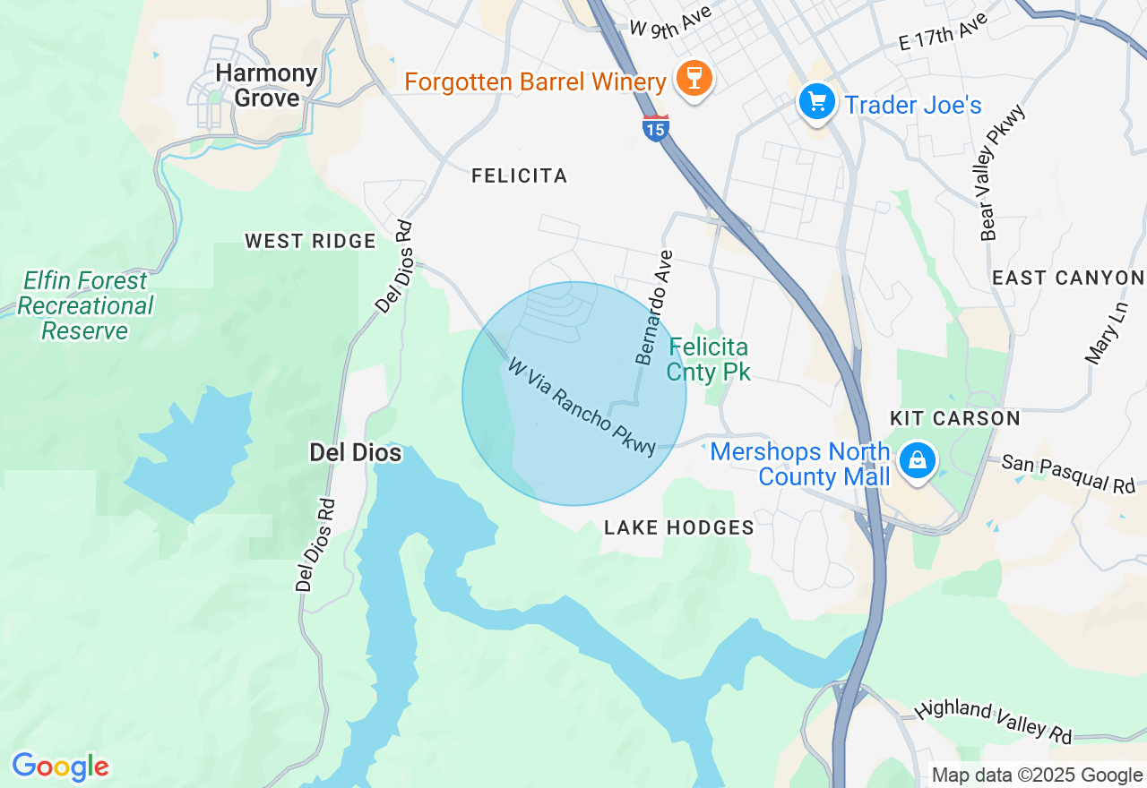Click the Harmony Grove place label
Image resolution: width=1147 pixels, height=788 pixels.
[x=265, y=86]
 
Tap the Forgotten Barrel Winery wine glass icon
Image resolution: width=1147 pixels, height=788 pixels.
[x=693, y=79]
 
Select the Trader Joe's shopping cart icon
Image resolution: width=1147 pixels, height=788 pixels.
[x=816, y=101]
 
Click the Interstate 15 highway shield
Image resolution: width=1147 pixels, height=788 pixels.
[x=656, y=128]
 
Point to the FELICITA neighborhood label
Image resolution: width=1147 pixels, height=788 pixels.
[x=520, y=176]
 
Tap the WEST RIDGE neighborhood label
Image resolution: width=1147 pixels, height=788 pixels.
[x=310, y=241]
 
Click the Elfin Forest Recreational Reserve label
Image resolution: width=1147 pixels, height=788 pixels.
[x=86, y=306]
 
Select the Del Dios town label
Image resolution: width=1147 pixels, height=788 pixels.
[x=355, y=453]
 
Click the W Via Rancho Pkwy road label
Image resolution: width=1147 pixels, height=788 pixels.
[x=582, y=407]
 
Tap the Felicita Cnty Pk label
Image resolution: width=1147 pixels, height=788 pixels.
[x=708, y=359]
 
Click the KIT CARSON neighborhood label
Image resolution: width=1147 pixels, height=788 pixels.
[x=955, y=418]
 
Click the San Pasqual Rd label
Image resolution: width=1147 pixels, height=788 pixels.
[x=1068, y=475]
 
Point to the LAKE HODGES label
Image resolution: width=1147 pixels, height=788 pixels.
[x=679, y=528]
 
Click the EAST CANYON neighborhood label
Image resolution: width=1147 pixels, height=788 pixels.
[x=1068, y=278]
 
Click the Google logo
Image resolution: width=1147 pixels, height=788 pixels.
[x=60, y=767]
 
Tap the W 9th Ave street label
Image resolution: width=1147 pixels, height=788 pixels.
[x=670, y=21]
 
